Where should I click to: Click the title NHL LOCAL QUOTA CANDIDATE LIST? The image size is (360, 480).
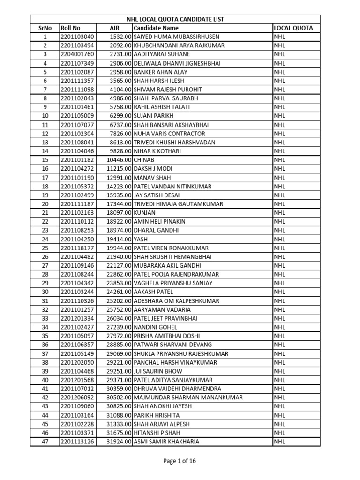(x=175, y=19)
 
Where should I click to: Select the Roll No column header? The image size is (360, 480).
(x=70, y=28)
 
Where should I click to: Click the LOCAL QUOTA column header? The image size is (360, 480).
(x=293, y=28)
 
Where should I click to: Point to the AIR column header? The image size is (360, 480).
(x=114, y=28)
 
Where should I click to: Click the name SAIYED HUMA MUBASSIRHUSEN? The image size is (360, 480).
(x=176, y=37)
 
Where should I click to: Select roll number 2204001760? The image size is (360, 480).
(x=77, y=54)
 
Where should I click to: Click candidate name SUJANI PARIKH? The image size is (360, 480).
(x=153, y=116)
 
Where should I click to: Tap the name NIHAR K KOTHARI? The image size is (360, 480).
(x=157, y=151)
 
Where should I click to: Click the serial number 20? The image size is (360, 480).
(x=45, y=204)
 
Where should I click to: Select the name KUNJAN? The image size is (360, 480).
(x=145, y=213)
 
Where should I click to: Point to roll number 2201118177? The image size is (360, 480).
(x=77, y=248)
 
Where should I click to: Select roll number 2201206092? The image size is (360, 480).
(x=77, y=397)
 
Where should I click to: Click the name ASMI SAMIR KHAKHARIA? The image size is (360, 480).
(x=166, y=442)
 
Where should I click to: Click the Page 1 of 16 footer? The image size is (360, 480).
(x=180, y=461)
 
